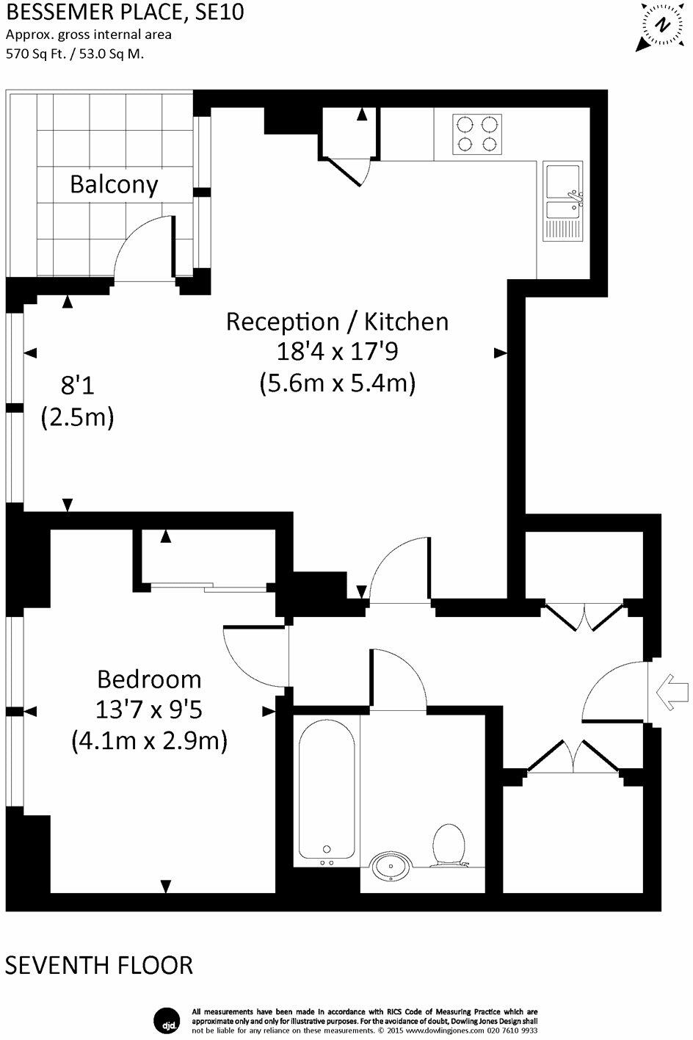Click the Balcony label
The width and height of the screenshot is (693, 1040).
coord(114,184)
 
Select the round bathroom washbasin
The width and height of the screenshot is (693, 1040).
coord(391,867)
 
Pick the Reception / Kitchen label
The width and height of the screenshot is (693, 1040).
coord(336,322)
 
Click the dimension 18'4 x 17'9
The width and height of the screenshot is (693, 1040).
coord(336,353)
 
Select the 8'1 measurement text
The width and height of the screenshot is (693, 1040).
coord(77,383)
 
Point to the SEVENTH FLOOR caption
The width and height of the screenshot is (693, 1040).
coord(99,964)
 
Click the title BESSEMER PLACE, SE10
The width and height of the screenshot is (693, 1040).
coord(125,12)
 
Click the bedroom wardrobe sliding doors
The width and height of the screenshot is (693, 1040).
coord(205,586)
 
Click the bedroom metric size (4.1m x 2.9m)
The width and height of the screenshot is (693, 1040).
coord(149,740)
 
